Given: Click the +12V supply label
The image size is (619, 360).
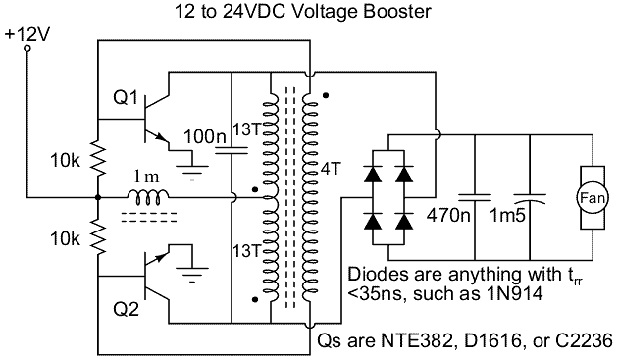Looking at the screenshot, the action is (x=27, y=35).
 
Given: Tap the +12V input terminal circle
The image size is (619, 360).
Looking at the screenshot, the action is (x=27, y=49).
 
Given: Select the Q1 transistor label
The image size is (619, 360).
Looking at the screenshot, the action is (x=126, y=97).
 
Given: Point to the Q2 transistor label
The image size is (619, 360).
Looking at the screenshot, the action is (x=126, y=309).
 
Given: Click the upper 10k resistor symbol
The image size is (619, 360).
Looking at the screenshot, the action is (x=98, y=158).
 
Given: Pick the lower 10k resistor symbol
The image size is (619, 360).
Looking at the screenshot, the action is (x=98, y=236).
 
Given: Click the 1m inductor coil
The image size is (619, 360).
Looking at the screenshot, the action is (x=148, y=197).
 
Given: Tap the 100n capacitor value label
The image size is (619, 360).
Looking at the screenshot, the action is (x=205, y=137).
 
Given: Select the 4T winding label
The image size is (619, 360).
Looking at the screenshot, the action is (x=330, y=169).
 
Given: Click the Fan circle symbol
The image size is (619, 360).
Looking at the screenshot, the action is (x=593, y=197).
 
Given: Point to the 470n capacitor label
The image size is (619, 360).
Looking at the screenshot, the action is (x=449, y=216).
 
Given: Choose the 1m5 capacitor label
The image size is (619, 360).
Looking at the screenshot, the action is (x=508, y=216).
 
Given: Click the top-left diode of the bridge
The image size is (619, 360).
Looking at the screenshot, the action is (x=373, y=174).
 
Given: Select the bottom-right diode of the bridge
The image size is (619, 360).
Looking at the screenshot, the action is (x=404, y=222).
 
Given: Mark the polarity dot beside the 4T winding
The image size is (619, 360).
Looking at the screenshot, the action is (x=326, y=95).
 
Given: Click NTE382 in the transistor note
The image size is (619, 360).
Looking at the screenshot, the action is (x=419, y=341).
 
